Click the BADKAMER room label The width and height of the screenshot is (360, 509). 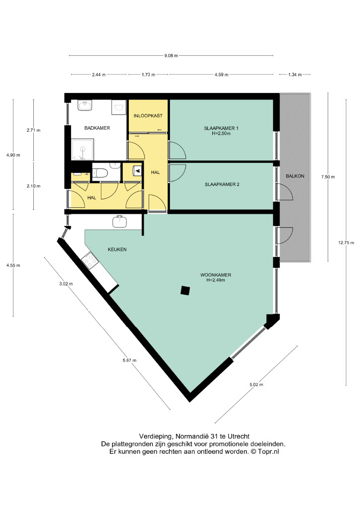(97, 128)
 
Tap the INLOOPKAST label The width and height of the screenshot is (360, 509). (148, 115)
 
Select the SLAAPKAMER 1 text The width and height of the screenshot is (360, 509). (221, 128)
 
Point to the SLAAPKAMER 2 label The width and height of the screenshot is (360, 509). (222, 184)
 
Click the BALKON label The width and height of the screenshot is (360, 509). (295, 176)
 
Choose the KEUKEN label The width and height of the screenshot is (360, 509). (117, 250)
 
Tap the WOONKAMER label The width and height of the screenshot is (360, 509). (216, 275)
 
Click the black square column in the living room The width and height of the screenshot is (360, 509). (185, 290)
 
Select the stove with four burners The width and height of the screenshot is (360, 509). (90, 260)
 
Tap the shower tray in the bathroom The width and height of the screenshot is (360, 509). (83, 150)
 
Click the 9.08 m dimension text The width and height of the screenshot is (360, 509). (171, 56)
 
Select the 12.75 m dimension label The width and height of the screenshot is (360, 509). (346, 243)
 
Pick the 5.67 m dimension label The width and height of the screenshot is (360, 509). (129, 360)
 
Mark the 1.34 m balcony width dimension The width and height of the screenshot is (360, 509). (295, 75)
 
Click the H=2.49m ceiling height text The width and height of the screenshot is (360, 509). (216, 280)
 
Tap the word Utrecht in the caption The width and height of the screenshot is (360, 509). (239, 436)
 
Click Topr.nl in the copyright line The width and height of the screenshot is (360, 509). (269, 451)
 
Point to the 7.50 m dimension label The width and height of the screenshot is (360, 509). (328, 177)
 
